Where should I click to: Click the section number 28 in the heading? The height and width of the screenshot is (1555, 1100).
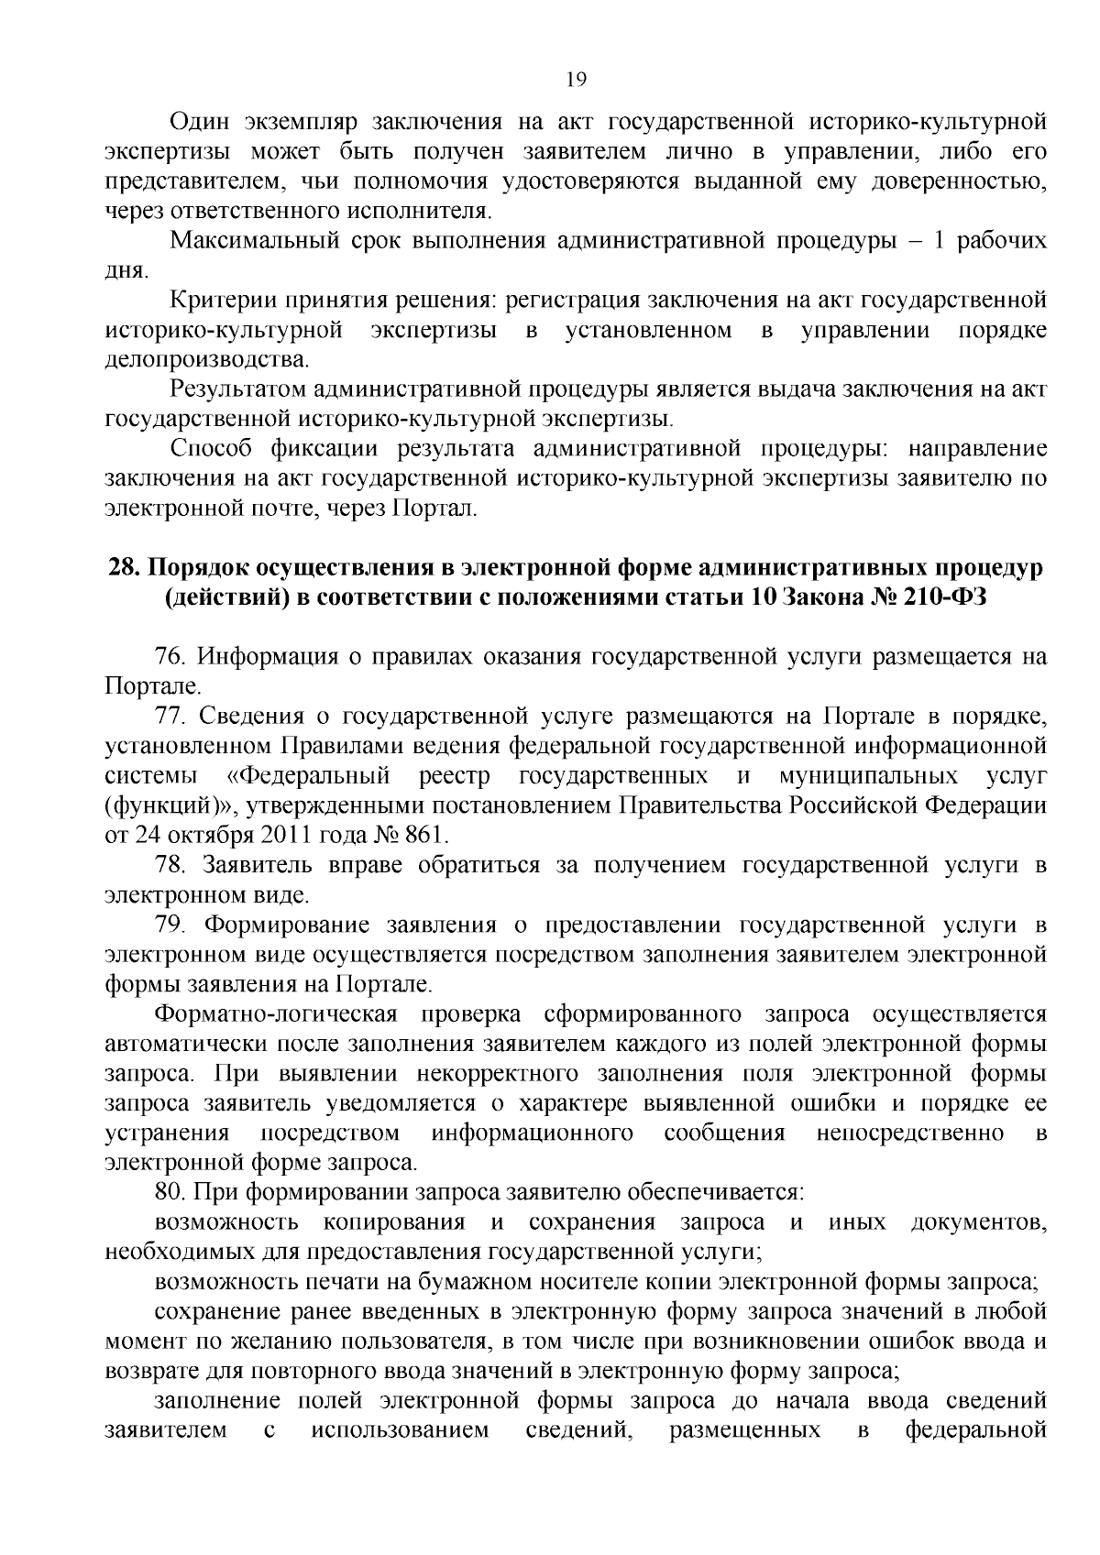point(122,568)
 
